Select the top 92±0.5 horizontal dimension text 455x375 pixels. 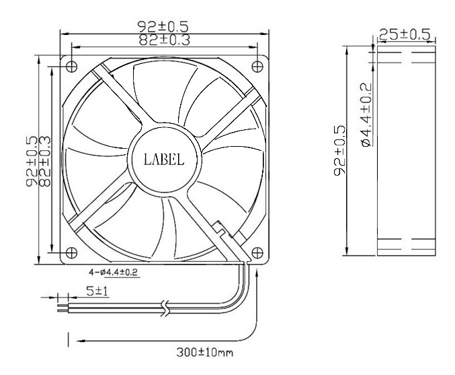(x=164, y=27)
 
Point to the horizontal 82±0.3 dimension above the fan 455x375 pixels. (x=164, y=40)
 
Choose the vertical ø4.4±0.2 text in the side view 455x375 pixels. (x=365, y=114)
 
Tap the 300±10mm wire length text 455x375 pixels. (x=204, y=351)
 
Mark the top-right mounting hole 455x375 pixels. (x=257, y=65)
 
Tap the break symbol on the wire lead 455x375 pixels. (x=165, y=308)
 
